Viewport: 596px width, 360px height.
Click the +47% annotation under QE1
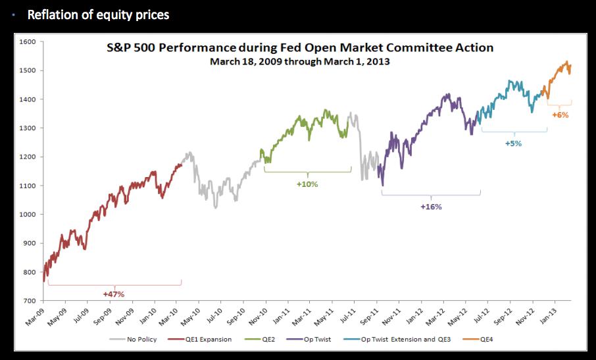113,294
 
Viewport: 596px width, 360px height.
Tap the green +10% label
307,184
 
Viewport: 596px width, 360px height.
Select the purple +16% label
431,207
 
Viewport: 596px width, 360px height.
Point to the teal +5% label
513,143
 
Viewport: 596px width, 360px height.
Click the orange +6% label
560,115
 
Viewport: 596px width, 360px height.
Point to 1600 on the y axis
27,41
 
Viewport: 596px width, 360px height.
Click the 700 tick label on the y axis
29,301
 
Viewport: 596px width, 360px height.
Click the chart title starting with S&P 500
300,48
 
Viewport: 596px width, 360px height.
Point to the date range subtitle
300,61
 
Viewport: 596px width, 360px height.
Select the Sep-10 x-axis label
235,313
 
